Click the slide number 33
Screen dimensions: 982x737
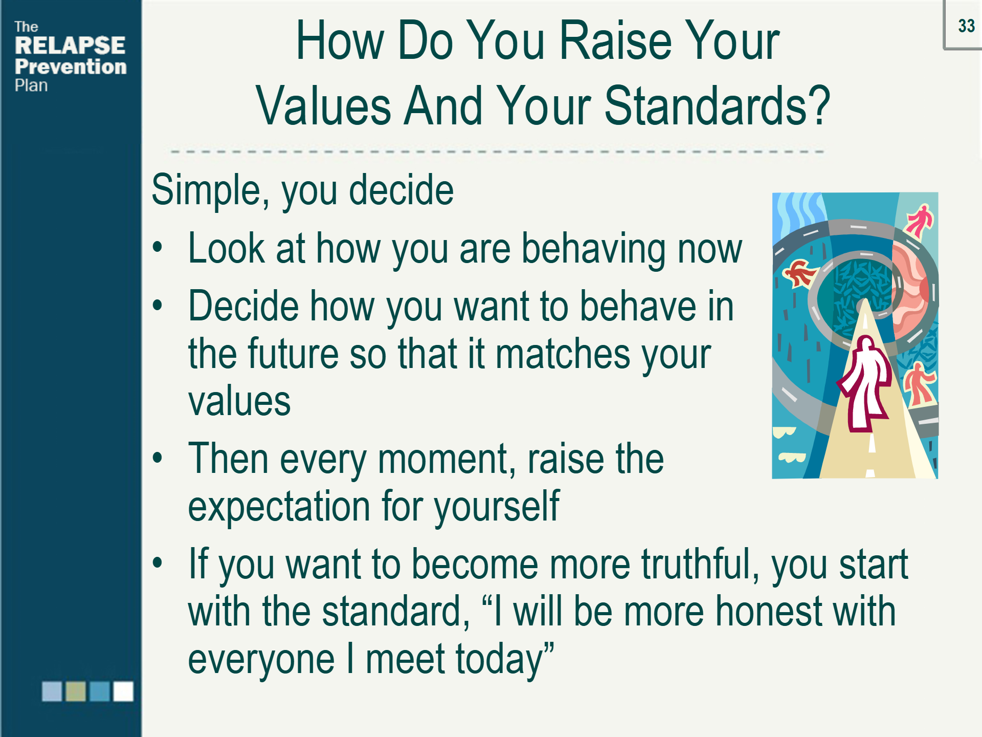[x=966, y=26]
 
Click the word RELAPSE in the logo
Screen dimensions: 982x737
[x=70, y=45]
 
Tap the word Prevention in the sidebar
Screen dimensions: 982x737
[x=71, y=67]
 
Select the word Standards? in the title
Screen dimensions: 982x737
[x=717, y=105]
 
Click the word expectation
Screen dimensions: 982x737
[x=279, y=506]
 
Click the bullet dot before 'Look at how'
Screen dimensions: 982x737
[x=158, y=248]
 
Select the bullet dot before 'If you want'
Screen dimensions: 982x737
[x=158, y=563]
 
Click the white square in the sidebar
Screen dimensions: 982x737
[x=123, y=691]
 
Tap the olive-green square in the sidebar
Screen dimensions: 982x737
[x=76, y=691]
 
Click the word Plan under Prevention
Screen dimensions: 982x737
[x=31, y=85]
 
